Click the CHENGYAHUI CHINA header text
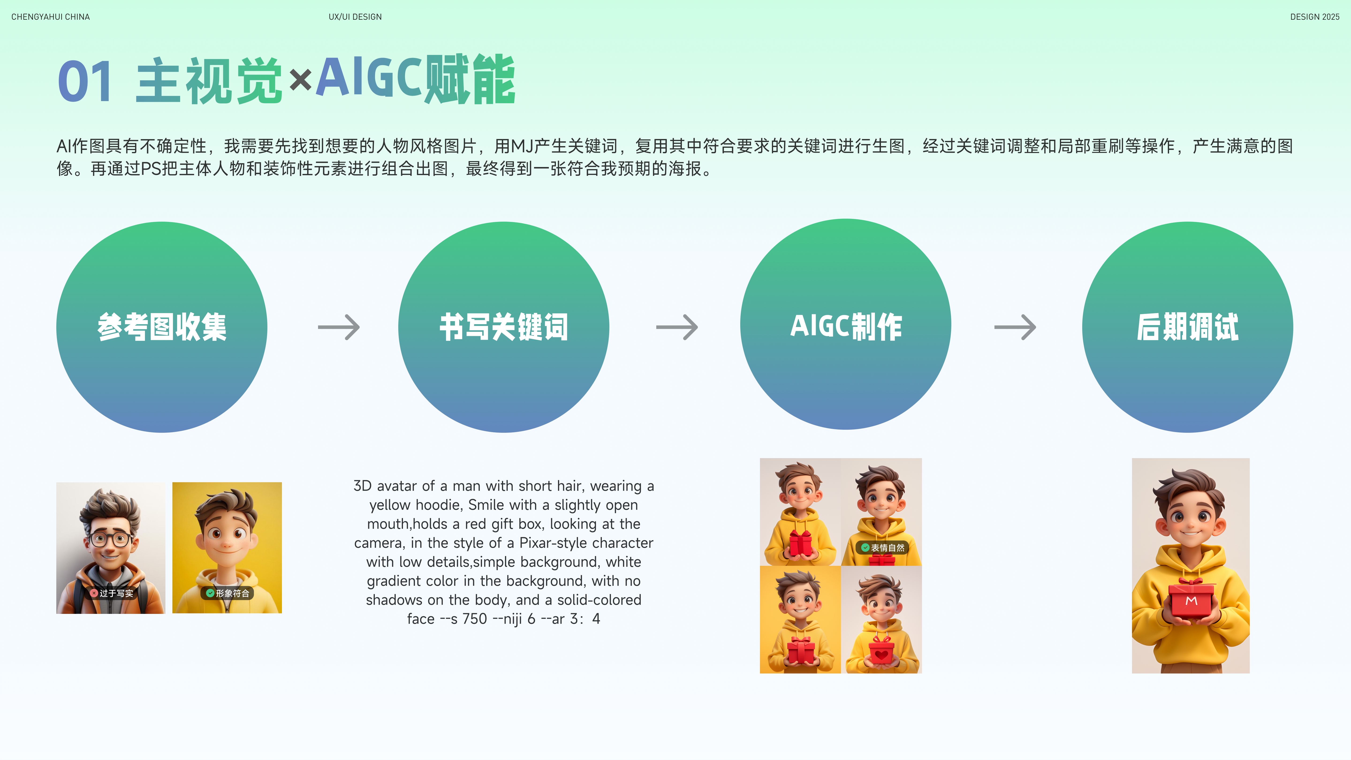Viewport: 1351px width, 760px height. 50,17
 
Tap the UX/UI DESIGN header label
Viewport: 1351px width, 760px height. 355,17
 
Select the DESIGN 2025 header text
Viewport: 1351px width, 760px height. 1315,17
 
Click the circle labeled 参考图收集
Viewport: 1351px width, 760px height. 162,327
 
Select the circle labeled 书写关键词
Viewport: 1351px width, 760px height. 504,327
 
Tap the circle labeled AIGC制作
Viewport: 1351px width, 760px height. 845,324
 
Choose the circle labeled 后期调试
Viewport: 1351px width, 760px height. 1187,327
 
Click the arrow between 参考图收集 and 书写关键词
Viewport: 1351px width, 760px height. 339,327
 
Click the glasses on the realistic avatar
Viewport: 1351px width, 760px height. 111,539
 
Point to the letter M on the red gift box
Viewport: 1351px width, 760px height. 1191,600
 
